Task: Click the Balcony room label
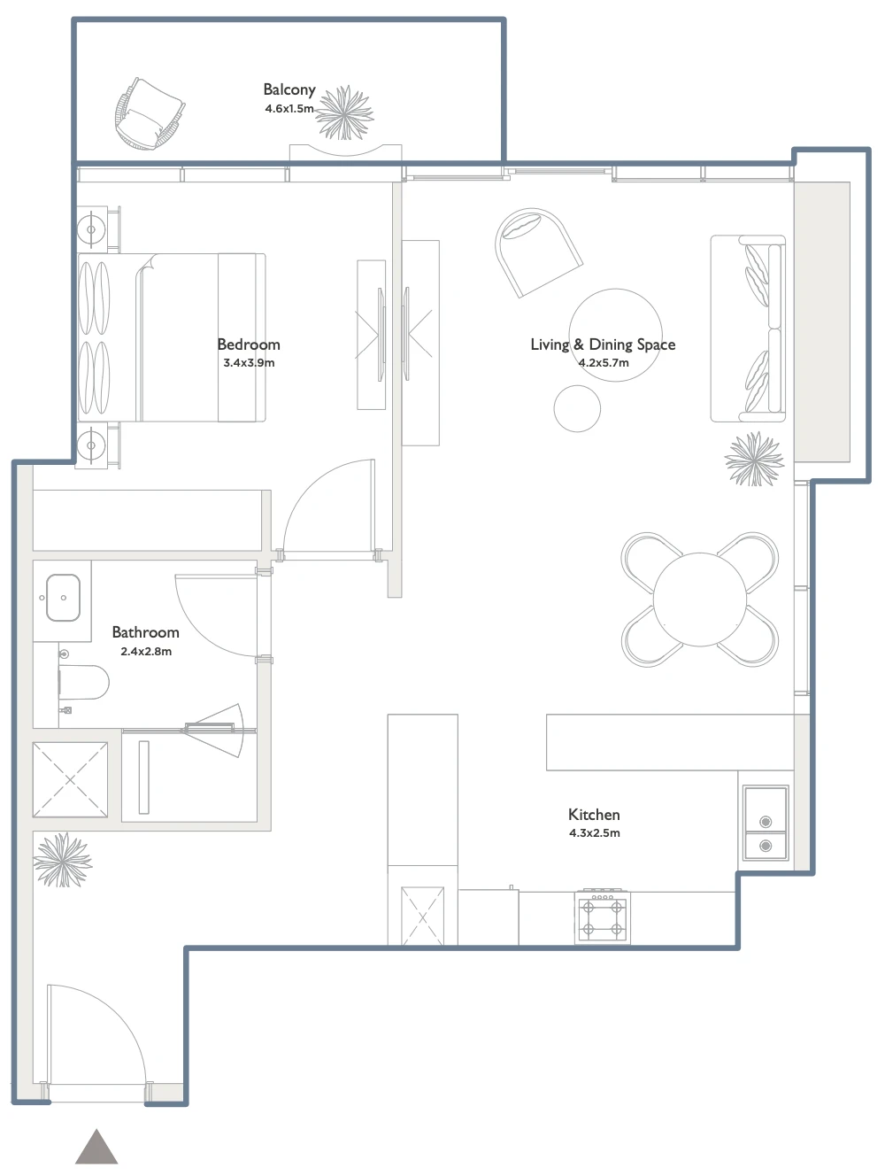tap(289, 89)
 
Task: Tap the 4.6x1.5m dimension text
tap(289, 108)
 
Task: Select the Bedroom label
tap(249, 344)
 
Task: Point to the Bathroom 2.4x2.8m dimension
tap(146, 652)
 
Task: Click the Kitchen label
tap(594, 815)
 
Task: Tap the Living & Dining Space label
tap(603, 344)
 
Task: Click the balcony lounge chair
tap(150, 113)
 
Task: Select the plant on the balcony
tap(344, 113)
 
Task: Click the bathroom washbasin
tap(63, 598)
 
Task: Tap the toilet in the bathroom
tap(83, 682)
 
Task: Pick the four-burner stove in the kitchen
tap(603, 917)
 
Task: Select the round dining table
tap(699, 600)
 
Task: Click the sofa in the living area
tap(748, 329)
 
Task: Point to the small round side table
tap(577, 408)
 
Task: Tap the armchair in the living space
tap(537, 251)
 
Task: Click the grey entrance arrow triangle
tap(96, 1149)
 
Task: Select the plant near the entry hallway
tap(63, 859)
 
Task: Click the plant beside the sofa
tap(754, 459)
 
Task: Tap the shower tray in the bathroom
tap(70, 779)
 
